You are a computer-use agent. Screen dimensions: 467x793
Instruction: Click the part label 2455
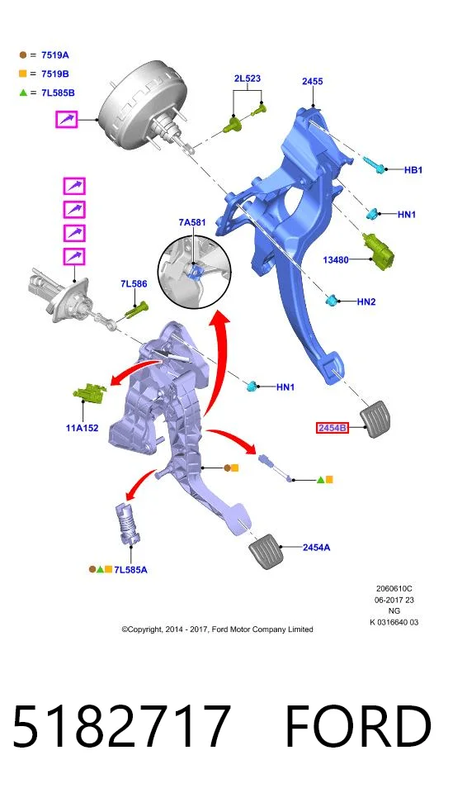point(313,82)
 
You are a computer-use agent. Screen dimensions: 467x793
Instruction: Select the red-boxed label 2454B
point(332,428)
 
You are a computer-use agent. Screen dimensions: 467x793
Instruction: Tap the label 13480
point(336,260)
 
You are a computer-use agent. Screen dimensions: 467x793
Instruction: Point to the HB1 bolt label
point(413,170)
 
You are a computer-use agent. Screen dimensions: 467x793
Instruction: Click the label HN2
point(366,302)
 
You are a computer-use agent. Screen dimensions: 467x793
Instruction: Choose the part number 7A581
point(192,222)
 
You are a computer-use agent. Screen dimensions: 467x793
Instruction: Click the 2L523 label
point(248,78)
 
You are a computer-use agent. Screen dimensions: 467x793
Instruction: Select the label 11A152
point(82,428)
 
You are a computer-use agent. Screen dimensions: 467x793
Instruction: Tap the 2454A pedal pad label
point(316,547)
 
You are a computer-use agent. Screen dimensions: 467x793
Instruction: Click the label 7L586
point(134,283)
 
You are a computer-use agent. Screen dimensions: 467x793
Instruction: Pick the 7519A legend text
point(55,55)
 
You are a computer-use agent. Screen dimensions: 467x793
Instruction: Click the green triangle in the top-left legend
point(23,93)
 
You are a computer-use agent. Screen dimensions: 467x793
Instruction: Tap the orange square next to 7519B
point(23,74)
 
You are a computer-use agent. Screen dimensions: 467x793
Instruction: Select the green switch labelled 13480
point(379,251)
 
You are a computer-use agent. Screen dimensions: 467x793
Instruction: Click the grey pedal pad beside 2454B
point(375,419)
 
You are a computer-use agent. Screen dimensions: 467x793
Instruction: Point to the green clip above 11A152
point(91,393)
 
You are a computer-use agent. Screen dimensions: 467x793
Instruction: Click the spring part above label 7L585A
point(127,524)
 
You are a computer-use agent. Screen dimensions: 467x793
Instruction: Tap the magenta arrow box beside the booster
point(67,120)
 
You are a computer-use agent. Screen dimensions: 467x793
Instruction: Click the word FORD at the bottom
point(358,726)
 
